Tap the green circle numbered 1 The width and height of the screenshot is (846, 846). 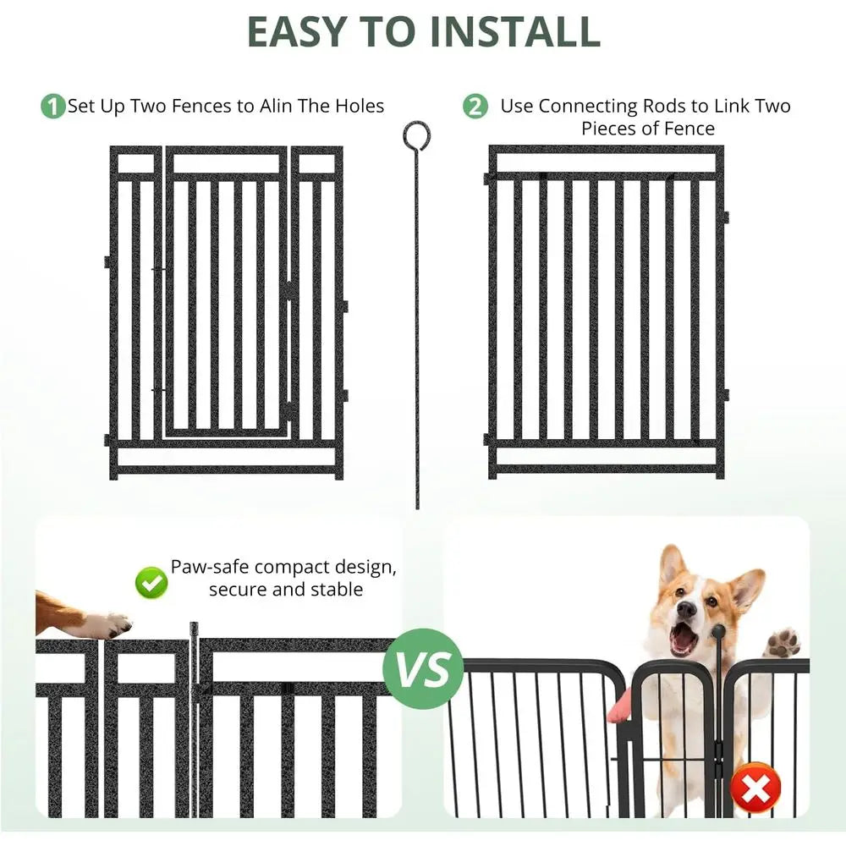[52, 107]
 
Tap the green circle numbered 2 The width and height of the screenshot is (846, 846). [475, 107]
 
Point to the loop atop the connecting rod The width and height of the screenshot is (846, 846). [416, 134]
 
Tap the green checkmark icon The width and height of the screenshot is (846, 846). [151, 581]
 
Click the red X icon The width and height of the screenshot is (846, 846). [756, 788]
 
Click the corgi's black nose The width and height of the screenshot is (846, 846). [687, 607]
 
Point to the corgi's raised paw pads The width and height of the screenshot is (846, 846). [783, 642]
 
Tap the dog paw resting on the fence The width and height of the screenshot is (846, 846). [106, 625]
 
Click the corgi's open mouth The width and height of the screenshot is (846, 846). [683, 639]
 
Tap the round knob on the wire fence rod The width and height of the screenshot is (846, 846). [718, 631]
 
